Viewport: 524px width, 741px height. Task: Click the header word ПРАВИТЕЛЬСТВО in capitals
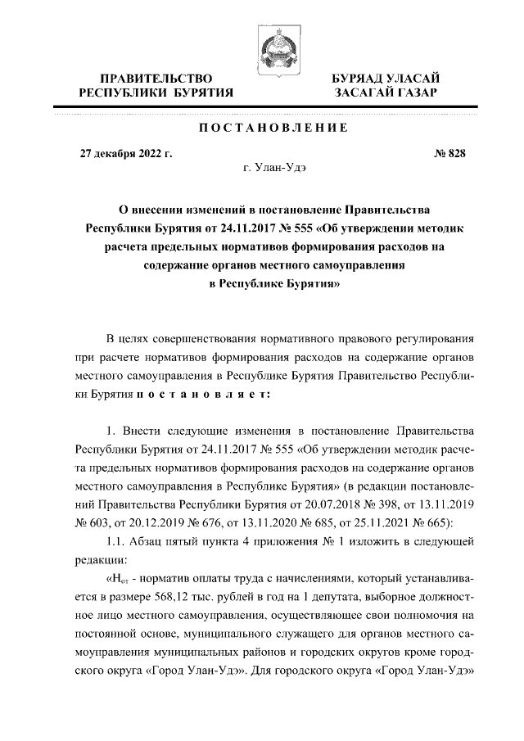coord(156,78)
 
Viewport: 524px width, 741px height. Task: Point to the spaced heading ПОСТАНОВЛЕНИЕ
coord(274,129)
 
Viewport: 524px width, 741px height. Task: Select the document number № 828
coord(449,153)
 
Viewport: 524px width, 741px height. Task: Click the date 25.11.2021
coord(388,522)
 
